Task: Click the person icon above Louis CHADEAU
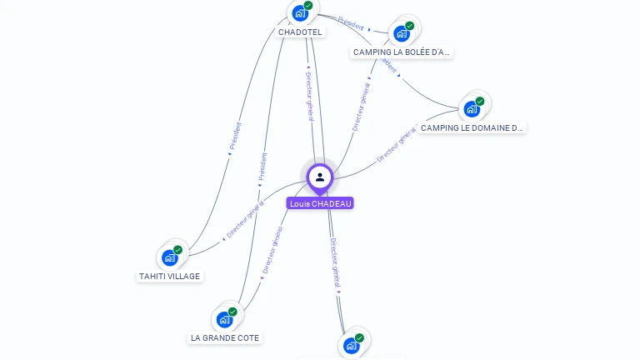coord(320,177)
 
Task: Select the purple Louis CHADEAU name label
coord(320,203)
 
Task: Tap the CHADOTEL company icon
coord(299,13)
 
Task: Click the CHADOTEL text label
coord(300,32)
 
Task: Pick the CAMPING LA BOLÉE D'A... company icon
coord(402,33)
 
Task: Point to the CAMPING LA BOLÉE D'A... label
coord(402,52)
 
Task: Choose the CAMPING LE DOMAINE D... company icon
coord(472,108)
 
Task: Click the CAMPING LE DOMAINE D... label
coord(472,127)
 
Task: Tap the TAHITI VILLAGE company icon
coord(170,257)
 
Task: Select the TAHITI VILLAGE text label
coord(170,276)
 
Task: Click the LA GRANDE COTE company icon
coord(224,319)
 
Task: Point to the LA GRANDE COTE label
coord(225,337)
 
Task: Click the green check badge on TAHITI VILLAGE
coord(177,250)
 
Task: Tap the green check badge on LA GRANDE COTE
coord(232,312)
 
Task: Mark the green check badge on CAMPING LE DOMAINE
coord(479,101)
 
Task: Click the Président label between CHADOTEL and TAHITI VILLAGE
coord(234,138)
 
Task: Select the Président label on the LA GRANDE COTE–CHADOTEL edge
coord(262,167)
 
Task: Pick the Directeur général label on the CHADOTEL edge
coord(310,97)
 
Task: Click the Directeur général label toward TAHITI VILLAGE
coord(245,221)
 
